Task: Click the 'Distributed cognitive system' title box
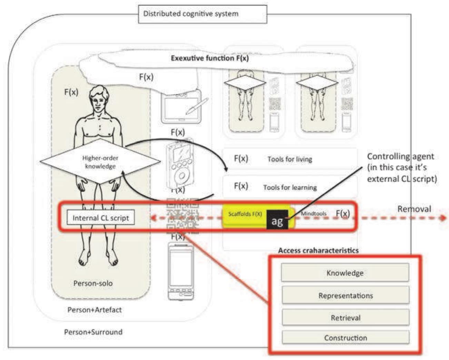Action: coord(202,14)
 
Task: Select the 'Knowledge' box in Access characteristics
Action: coord(345,273)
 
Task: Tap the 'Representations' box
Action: coord(346,296)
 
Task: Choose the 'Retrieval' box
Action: coord(346,318)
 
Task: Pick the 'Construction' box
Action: coord(346,338)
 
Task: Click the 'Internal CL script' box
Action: coord(100,218)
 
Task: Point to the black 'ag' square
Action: coord(277,220)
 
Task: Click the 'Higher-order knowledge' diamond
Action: coord(100,162)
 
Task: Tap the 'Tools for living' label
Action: coord(290,159)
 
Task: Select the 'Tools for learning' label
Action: coord(290,188)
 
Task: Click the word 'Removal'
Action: coord(414,209)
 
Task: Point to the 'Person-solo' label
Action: coord(93,283)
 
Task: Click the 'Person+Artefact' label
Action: coord(94,310)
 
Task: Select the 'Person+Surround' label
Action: coord(93,332)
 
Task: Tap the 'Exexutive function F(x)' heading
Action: coord(210,58)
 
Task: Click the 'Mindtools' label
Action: coord(313,214)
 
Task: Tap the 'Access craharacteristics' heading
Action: coord(318,251)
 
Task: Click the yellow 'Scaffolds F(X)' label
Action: coord(245,214)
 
